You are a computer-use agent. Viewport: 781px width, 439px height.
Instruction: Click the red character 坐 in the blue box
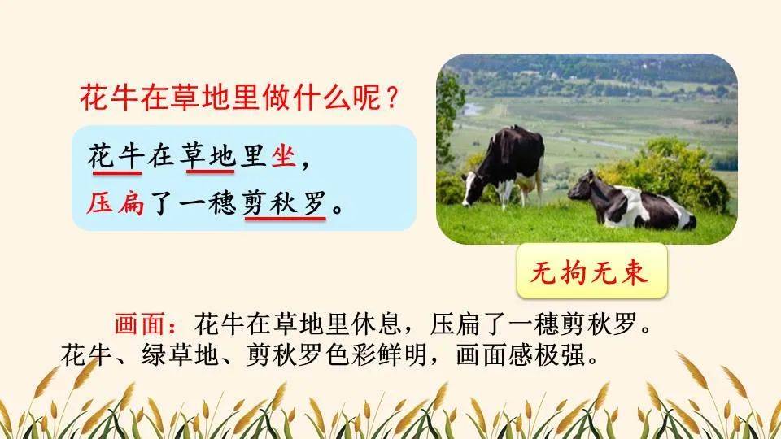click(x=283, y=156)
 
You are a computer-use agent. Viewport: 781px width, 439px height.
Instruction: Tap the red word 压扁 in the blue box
click(x=116, y=202)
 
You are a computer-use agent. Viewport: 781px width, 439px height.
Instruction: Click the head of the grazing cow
click(x=469, y=189)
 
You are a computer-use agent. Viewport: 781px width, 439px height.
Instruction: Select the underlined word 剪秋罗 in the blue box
click(x=285, y=202)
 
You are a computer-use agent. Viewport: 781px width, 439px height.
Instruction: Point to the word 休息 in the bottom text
click(x=376, y=324)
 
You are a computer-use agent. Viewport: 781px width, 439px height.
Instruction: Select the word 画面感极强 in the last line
click(x=520, y=355)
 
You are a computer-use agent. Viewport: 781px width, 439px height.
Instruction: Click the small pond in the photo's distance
click(x=471, y=109)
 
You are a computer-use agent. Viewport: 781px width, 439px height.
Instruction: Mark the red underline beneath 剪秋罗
click(x=285, y=218)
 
